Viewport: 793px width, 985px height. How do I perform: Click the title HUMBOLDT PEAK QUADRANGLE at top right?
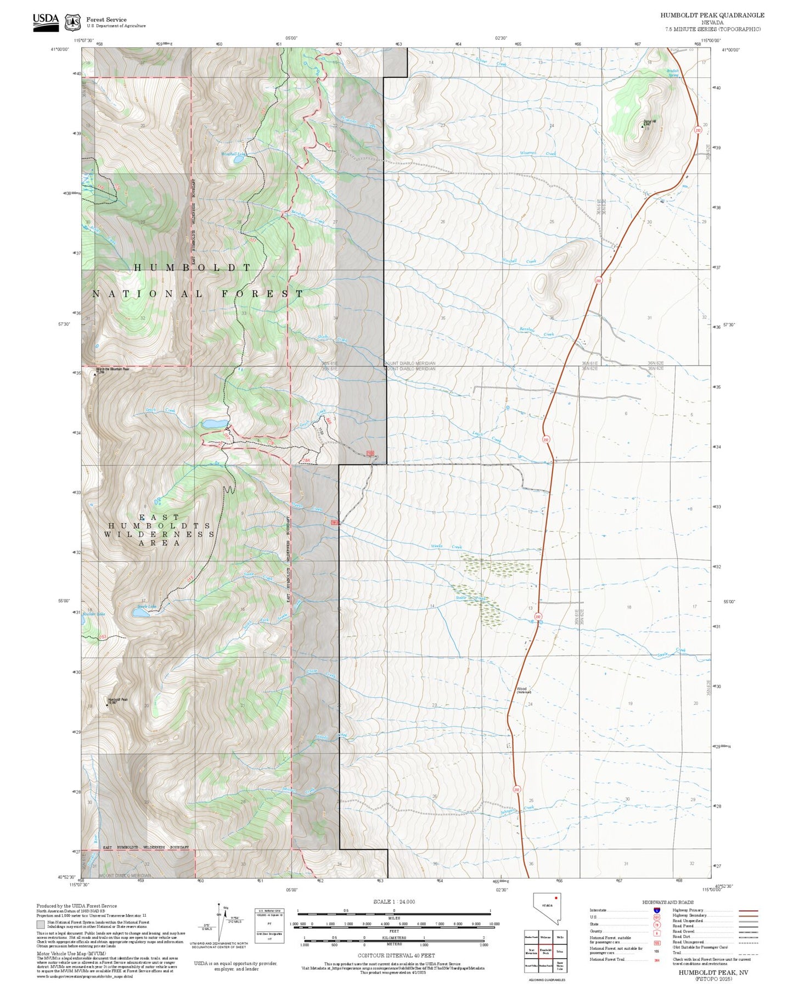712,15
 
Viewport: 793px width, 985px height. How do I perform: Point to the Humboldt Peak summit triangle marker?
107,705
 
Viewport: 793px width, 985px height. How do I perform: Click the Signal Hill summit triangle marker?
643,126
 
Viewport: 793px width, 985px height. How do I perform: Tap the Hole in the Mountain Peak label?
113,369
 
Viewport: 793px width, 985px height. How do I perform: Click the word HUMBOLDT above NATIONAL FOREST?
193,267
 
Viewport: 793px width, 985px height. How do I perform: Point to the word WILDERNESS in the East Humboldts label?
159,534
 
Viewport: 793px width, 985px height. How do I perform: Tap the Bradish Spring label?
673,73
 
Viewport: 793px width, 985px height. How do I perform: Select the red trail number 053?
102,637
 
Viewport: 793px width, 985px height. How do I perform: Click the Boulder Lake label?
93,614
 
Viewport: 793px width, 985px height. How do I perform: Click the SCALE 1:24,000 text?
393,902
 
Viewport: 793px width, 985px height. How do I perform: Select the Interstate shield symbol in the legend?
657,910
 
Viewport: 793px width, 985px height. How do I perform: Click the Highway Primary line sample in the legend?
749,910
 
